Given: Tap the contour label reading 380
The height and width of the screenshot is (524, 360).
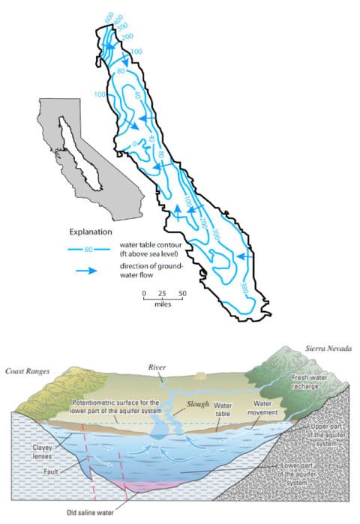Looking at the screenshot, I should coord(244,287).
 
